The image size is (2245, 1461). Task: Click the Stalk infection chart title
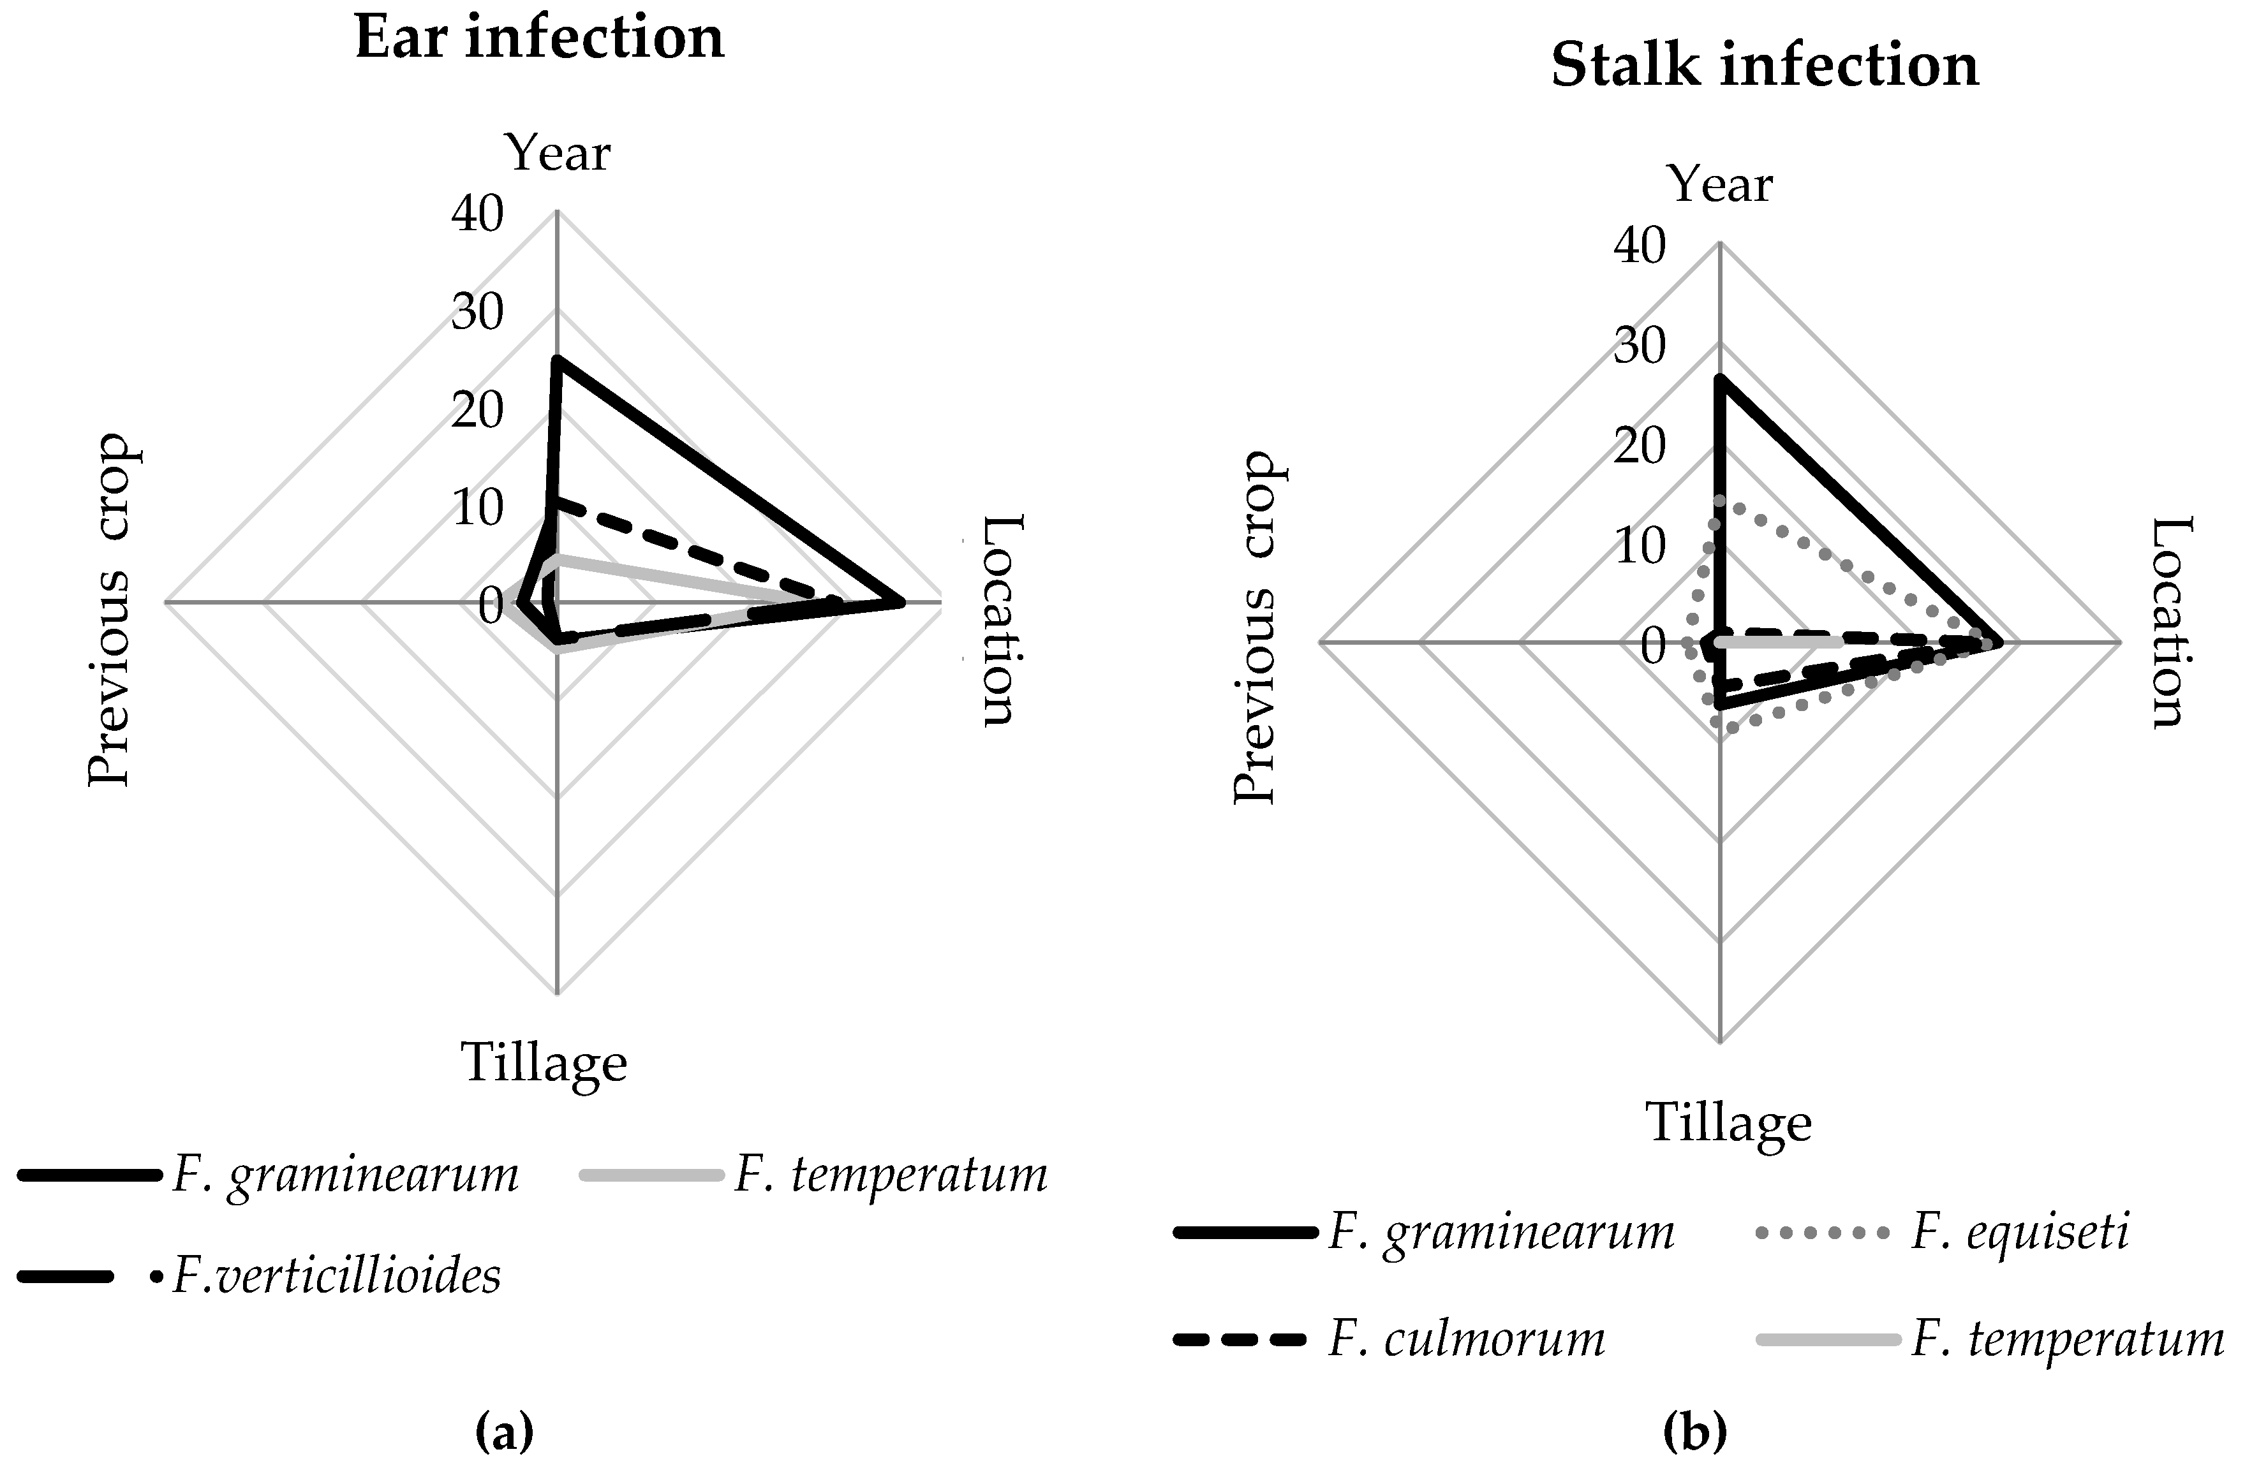click(1764, 67)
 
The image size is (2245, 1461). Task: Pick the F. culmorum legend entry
click(1466, 1339)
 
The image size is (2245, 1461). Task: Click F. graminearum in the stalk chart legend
click(1500, 1233)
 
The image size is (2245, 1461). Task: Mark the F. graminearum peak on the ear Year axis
click(558, 360)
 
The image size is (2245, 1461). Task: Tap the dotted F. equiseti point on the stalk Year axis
click(1719, 500)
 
